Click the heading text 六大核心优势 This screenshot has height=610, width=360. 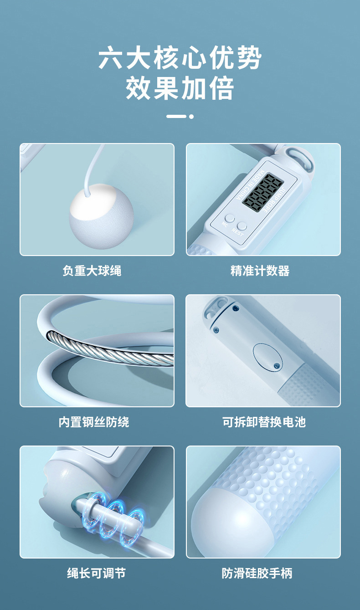[180, 58]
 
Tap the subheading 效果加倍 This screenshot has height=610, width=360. [180, 87]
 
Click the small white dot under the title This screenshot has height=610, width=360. [191, 117]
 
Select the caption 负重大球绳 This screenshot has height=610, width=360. [92, 271]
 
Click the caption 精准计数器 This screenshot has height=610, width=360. [260, 271]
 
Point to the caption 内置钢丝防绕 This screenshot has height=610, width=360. [94, 422]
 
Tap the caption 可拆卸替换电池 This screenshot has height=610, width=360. [264, 422]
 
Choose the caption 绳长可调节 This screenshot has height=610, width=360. [97, 573]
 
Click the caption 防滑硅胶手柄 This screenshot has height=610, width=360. [257, 573]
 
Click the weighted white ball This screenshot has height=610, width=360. [101, 216]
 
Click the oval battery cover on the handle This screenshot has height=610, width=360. [267, 357]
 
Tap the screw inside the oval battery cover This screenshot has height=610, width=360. [277, 365]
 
